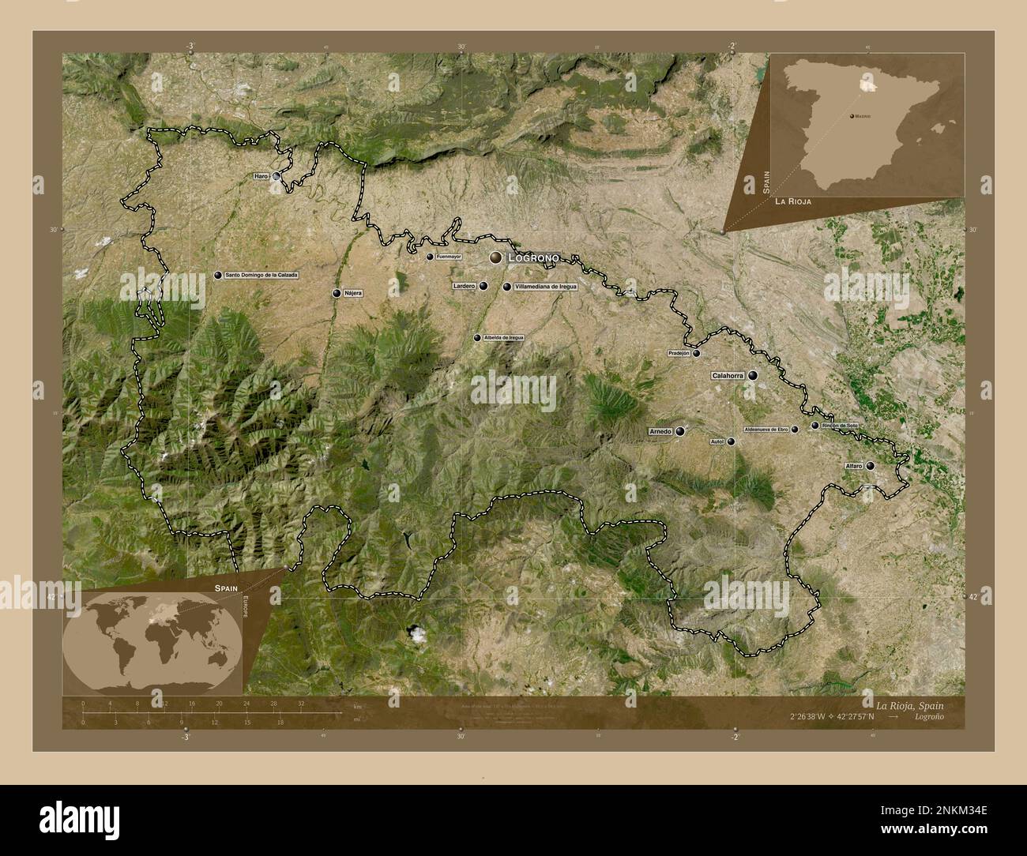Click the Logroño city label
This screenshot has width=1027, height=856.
point(535,257)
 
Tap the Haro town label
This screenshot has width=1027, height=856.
point(261,176)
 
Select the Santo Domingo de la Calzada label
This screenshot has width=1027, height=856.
point(261,275)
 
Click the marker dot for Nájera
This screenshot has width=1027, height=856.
point(337,293)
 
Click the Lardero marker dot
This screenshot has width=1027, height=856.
point(483,287)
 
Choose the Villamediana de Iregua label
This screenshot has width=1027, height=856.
point(545,287)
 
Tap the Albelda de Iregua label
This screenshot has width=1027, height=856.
point(504,338)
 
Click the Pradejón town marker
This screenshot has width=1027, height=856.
point(697,353)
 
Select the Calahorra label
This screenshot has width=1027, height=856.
point(728,376)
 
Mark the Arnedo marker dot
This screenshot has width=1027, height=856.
point(680,431)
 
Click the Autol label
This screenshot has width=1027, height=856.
point(717,441)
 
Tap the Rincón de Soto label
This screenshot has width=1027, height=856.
point(840,426)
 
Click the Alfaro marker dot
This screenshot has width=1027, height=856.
point(870,466)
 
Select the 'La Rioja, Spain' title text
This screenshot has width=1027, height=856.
point(908,704)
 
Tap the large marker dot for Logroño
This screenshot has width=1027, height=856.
point(496,257)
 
